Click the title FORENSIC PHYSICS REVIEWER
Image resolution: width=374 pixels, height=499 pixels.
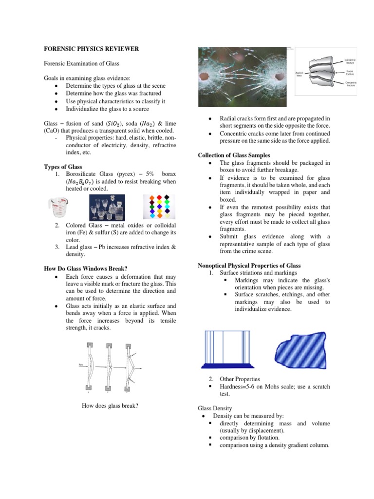(x=92, y=49)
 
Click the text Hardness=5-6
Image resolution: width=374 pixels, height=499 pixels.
(x=241, y=386)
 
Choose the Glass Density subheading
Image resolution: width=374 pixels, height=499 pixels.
(x=215, y=408)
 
